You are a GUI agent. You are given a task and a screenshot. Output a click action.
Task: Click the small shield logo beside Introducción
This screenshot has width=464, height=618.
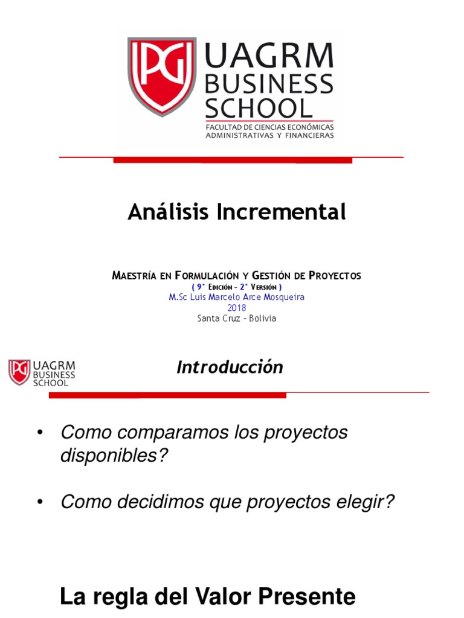coord(19,372)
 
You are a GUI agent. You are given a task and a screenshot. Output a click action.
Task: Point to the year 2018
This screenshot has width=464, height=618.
coord(236,308)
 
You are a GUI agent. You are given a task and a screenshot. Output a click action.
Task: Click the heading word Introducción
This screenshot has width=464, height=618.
coord(230,367)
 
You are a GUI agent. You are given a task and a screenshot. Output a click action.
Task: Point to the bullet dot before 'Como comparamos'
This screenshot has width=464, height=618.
coord(40,433)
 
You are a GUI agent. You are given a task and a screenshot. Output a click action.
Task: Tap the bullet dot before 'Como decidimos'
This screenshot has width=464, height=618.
coord(40,502)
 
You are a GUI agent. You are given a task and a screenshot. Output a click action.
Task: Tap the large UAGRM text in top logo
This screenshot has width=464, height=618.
coord(269,56)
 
